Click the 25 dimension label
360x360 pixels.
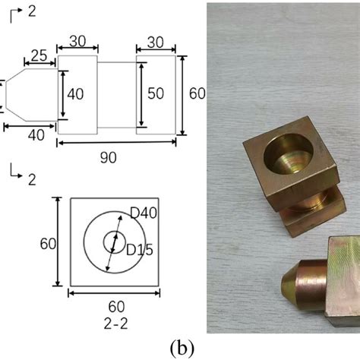(x=39, y=55)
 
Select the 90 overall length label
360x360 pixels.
(x=109, y=158)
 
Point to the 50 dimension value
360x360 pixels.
(x=156, y=93)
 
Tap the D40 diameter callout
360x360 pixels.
(x=144, y=213)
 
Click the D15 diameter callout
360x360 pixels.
(x=140, y=250)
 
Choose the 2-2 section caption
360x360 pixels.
(x=115, y=324)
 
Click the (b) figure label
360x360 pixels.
(x=182, y=348)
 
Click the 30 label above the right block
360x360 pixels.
(x=156, y=43)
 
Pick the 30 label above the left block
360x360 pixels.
(x=77, y=41)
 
